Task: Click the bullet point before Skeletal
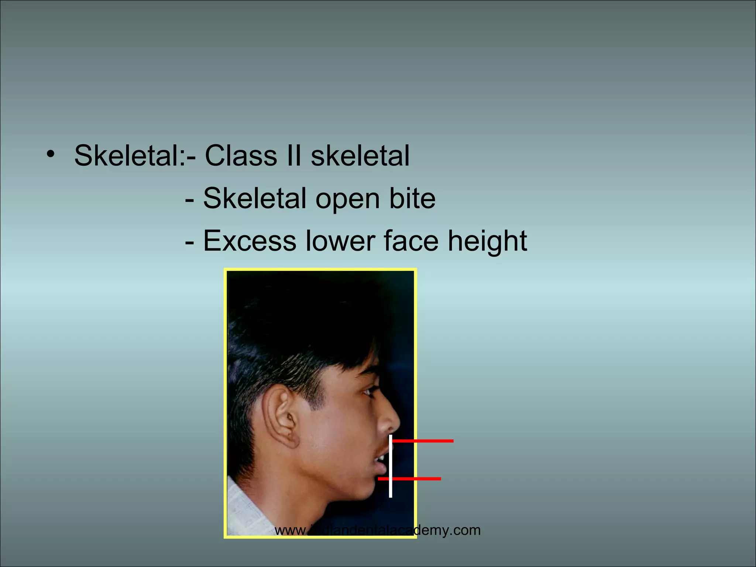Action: [51, 154]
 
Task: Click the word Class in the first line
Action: [241, 155]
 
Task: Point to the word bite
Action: [412, 198]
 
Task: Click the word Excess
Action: [250, 241]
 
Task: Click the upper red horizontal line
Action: [423, 441]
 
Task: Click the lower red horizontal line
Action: [410, 479]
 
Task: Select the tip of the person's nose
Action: [398, 423]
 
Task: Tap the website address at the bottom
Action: [378, 530]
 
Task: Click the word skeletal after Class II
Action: [360, 155]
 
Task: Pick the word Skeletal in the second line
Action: [255, 198]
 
